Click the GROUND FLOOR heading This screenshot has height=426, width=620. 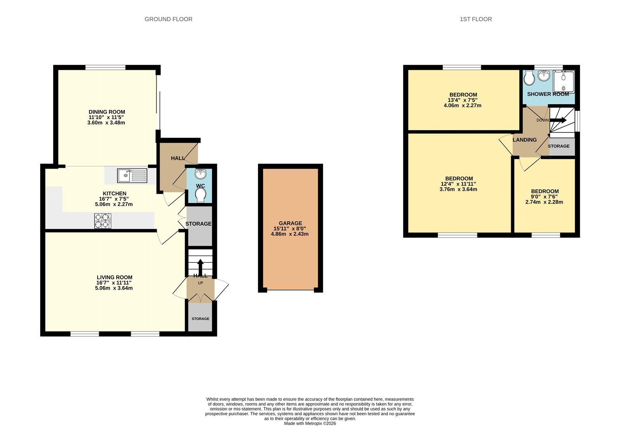[x=168, y=19]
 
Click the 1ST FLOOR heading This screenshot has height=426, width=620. [x=475, y=19]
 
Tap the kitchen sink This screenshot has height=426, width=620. [x=132, y=176]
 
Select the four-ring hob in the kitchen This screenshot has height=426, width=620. [x=103, y=221]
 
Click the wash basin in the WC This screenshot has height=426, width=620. [x=201, y=173]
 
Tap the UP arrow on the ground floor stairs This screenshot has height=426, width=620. [x=200, y=267]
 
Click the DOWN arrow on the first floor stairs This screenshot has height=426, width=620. [x=558, y=120]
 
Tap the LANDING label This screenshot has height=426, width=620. [x=524, y=140]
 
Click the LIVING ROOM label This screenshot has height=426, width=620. [x=114, y=278]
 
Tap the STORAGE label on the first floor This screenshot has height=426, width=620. [x=558, y=146]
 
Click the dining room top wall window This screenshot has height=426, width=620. [x=105, y=67]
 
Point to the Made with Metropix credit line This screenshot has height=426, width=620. [x=310, y=423]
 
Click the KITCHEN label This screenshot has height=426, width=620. [x=114, y=193]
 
